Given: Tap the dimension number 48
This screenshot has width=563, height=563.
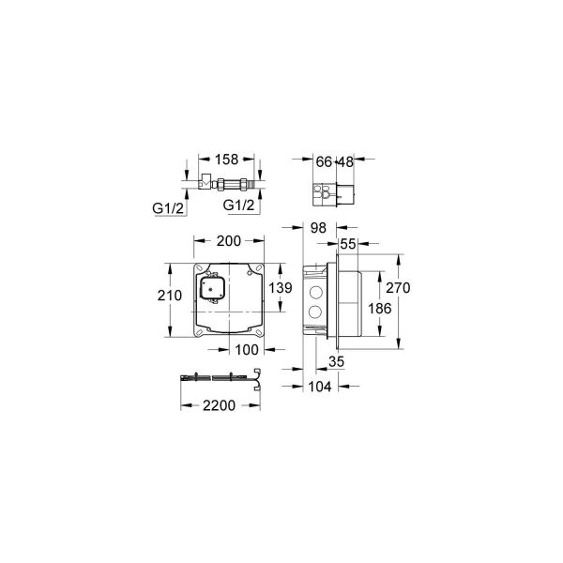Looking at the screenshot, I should click(346, 161).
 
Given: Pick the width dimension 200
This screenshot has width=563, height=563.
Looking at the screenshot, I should click(228, 241).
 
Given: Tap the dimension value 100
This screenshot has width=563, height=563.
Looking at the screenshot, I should click(245, 350).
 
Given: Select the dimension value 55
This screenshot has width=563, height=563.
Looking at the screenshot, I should click(347, 243).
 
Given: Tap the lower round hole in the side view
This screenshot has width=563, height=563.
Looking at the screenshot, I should click(314, 311).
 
